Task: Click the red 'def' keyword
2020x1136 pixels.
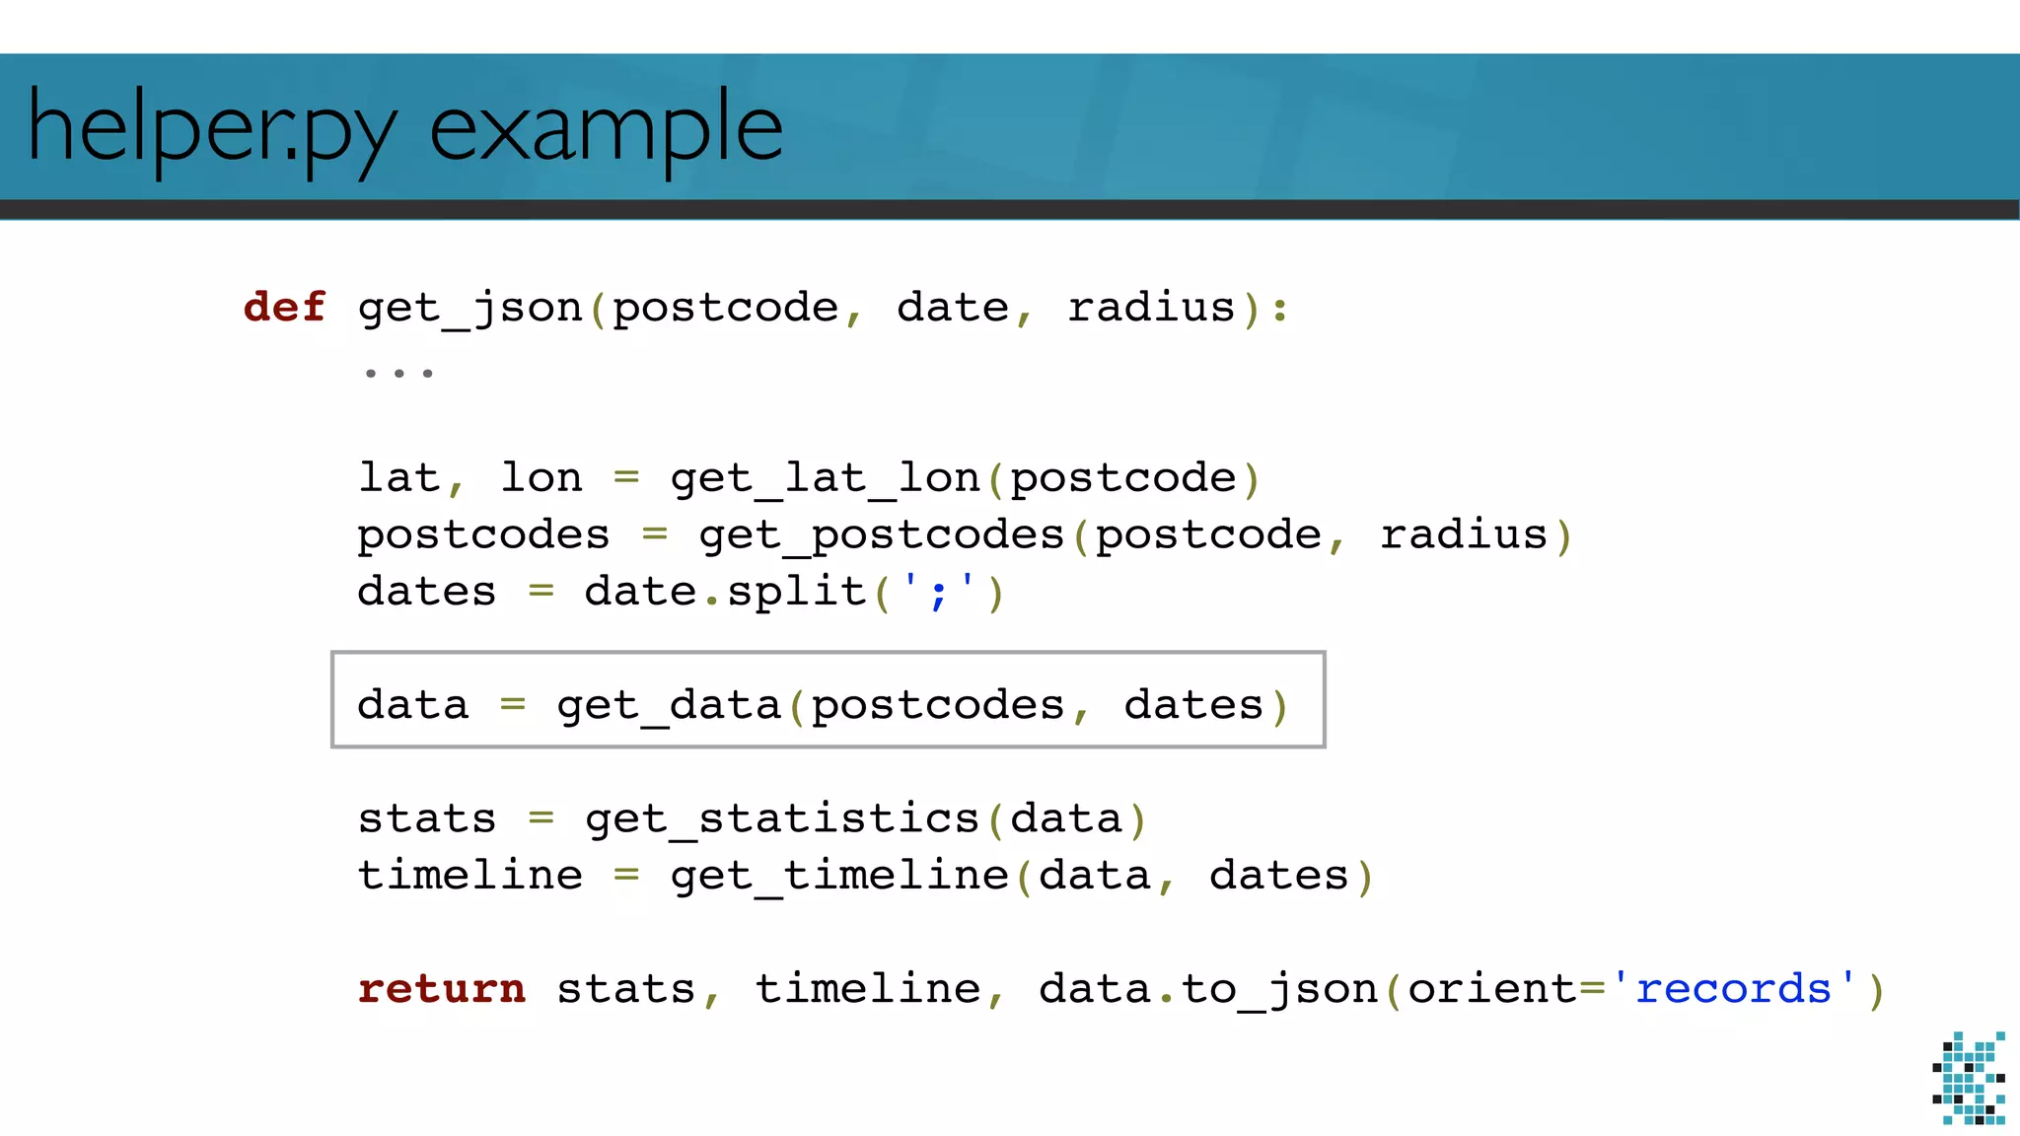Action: point(284,307)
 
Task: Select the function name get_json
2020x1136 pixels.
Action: point(470,309)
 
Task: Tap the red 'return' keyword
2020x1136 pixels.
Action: point(442,988)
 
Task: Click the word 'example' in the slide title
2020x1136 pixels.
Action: point(606,128)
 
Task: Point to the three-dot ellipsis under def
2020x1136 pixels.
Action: point(398,373)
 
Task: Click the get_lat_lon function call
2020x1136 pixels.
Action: point(825,478)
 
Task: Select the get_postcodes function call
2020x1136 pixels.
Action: point(882,535)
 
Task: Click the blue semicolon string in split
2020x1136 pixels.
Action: point(938,592)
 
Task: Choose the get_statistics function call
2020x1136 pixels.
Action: point(782,819)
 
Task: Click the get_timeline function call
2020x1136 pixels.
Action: point(839,876)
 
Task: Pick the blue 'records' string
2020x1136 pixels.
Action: point(1733,988)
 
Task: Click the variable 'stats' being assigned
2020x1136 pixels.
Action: point(427,819)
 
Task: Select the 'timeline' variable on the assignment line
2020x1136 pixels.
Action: point(470,876)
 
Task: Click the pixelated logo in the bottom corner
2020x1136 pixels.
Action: point(1969,1078)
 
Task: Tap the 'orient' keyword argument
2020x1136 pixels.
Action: point(1492,988)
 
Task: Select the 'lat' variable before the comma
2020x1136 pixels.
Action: point(398,478)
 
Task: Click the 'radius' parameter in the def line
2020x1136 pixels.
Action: point(1151,307)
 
